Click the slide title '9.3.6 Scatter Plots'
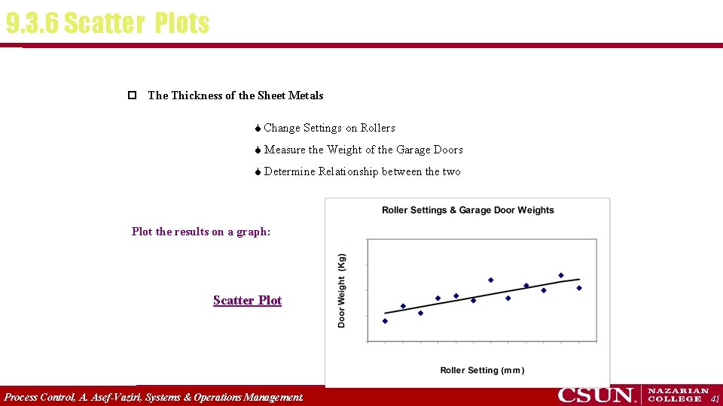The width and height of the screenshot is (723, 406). [107, 23]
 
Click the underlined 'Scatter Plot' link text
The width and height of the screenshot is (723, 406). [247, 301]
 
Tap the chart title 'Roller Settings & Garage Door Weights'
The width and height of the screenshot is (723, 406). [468, 211]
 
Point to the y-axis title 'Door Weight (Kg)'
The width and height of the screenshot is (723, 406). [342, 289]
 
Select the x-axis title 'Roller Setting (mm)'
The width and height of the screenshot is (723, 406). [482, 370]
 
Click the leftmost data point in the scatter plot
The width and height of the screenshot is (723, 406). [385, 321]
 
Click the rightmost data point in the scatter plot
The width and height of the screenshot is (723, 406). [578, 288]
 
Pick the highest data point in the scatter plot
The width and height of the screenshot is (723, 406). [561, 275]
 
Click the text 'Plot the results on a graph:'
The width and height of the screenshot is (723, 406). [201, 232]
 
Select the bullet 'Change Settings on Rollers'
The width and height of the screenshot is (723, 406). [329, 128]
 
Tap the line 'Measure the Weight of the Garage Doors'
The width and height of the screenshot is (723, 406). [363, 150]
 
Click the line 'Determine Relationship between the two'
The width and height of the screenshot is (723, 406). [362, 171]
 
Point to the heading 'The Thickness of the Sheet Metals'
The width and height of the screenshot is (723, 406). [236, 95]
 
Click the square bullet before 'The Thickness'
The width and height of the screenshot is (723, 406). [132, 95]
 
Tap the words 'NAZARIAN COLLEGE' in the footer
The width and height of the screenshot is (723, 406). [678, 395]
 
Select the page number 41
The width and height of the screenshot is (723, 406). [715, 398]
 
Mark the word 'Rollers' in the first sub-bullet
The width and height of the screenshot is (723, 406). [377, 128]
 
